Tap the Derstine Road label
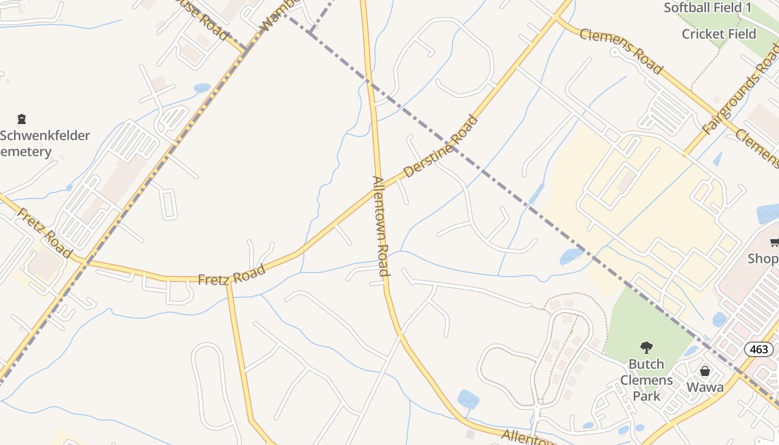click(x=441, y=146)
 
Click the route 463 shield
click(x=758, y=349)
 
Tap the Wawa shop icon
click(x=705, y=371)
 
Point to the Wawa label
click(x=705, y=387)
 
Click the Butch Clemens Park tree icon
click(x=646, y=348)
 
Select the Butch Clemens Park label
click(x=646, y=380)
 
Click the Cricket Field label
click(x=719, y=34)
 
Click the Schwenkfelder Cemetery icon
click(x=22, y=118)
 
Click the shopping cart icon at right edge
click(x=774, y=242)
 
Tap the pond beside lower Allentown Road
click(x=468, y=399)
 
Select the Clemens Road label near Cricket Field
click(x=621, y=51)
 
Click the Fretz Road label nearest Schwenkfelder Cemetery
click(x=45, y=233)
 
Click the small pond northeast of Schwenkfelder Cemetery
click(x=202, y=88)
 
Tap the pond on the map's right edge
click(x=768, y=214)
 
